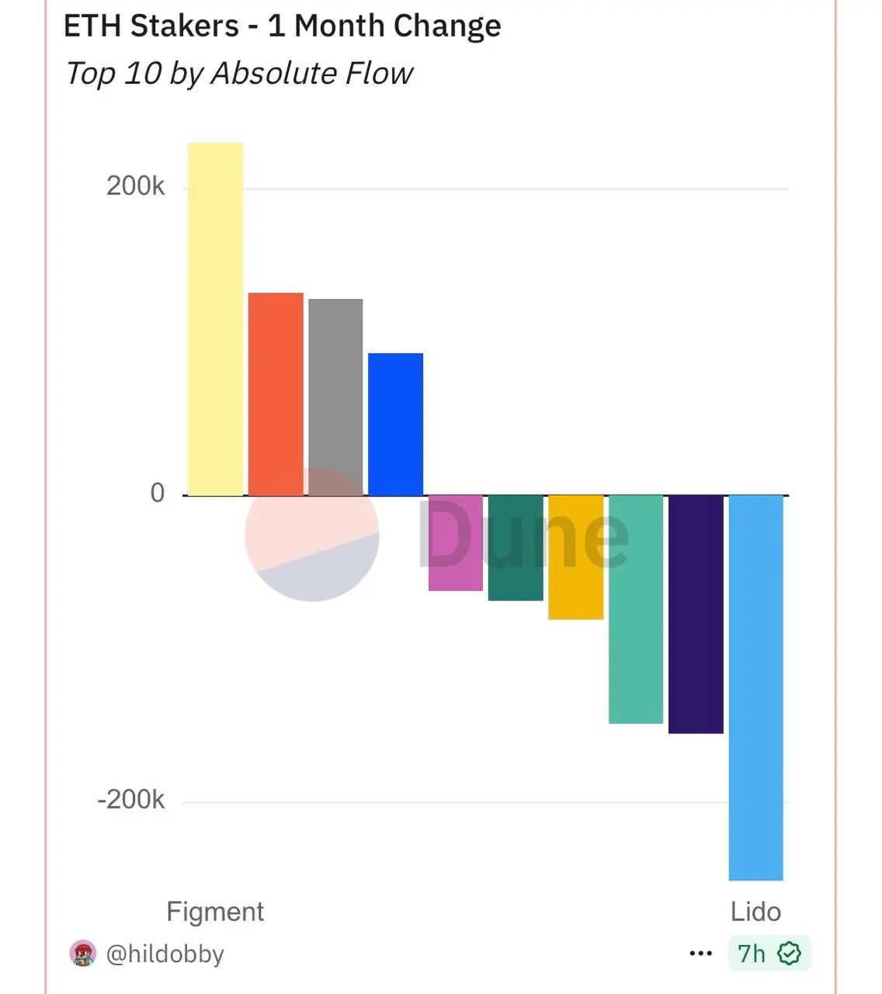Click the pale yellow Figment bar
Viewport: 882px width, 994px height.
pos(215,318)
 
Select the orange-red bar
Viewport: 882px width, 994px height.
pos(276,394)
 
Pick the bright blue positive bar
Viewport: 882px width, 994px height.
pos(395,423)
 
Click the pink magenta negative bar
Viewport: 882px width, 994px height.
pos(456,543)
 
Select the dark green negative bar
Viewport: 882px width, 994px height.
pos(516,547)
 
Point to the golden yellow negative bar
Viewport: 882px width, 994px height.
pos(575,557)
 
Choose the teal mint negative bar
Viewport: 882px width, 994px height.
pos(636,609)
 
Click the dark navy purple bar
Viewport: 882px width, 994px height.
pos(696,613)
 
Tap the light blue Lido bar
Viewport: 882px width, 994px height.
pos(755,687)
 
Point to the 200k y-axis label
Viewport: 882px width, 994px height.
pos(136,186)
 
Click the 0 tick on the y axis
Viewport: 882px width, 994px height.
pos(158,493)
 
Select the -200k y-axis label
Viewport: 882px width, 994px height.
pos(131,799)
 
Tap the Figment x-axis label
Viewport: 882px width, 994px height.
pos(215,912)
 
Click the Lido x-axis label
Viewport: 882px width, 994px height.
pos(755,912)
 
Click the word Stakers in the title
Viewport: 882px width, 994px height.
pos(185,26)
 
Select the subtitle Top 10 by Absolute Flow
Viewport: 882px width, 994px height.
pos(239,74)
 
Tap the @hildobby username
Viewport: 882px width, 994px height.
pos(165,954)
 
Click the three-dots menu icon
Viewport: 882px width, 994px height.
pos(700,954)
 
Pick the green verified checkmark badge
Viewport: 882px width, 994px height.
pos(789,954)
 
